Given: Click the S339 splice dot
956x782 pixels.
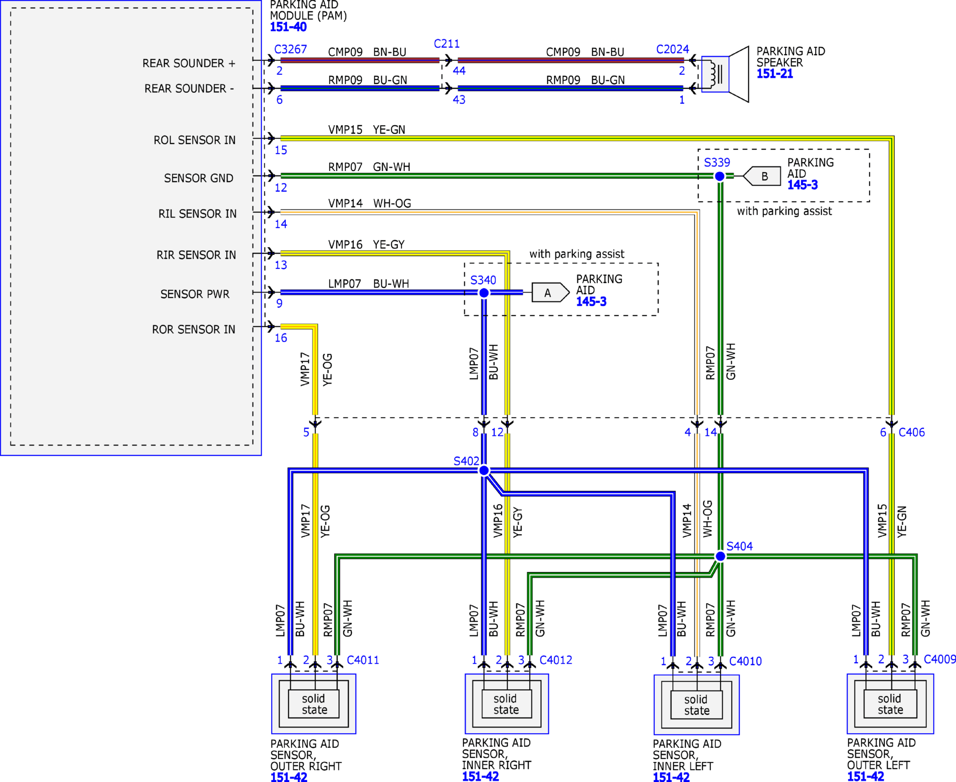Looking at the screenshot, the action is [x=720, y=176].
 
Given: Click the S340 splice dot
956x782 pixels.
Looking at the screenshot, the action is [x=484, y=293].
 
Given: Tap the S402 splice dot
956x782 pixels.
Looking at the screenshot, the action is [x=484, y=470].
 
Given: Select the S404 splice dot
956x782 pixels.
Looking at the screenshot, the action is [x=721, y=556].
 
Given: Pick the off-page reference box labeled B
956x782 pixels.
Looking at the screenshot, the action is [x=762, y=176].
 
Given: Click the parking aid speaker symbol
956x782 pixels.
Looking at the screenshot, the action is [x=725, y=74].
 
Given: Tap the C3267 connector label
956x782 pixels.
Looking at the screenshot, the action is [x=290, y=49].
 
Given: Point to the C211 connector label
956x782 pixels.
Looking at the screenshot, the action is [x=447, y=43].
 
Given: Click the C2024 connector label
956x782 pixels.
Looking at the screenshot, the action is [x=672, y=49].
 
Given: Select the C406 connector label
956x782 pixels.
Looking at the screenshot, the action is [x=912, y=432].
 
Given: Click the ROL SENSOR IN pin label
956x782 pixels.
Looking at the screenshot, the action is [x=195, y=140].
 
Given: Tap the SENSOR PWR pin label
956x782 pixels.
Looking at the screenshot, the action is [x=195, y=294].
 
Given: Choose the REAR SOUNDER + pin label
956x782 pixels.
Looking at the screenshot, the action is [x=189, y=64].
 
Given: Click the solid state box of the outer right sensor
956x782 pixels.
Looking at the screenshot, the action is [x=314, y=704].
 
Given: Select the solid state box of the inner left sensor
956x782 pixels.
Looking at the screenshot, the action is [x=697, y=705].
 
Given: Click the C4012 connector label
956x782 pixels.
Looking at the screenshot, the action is [x=556, y=660].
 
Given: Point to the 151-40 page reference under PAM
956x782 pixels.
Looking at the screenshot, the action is [x=288, y=27].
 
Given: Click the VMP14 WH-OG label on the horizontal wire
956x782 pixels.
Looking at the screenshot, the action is [x=370, y=204].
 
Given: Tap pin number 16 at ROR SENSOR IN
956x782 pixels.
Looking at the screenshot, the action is [x=281, y=338].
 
